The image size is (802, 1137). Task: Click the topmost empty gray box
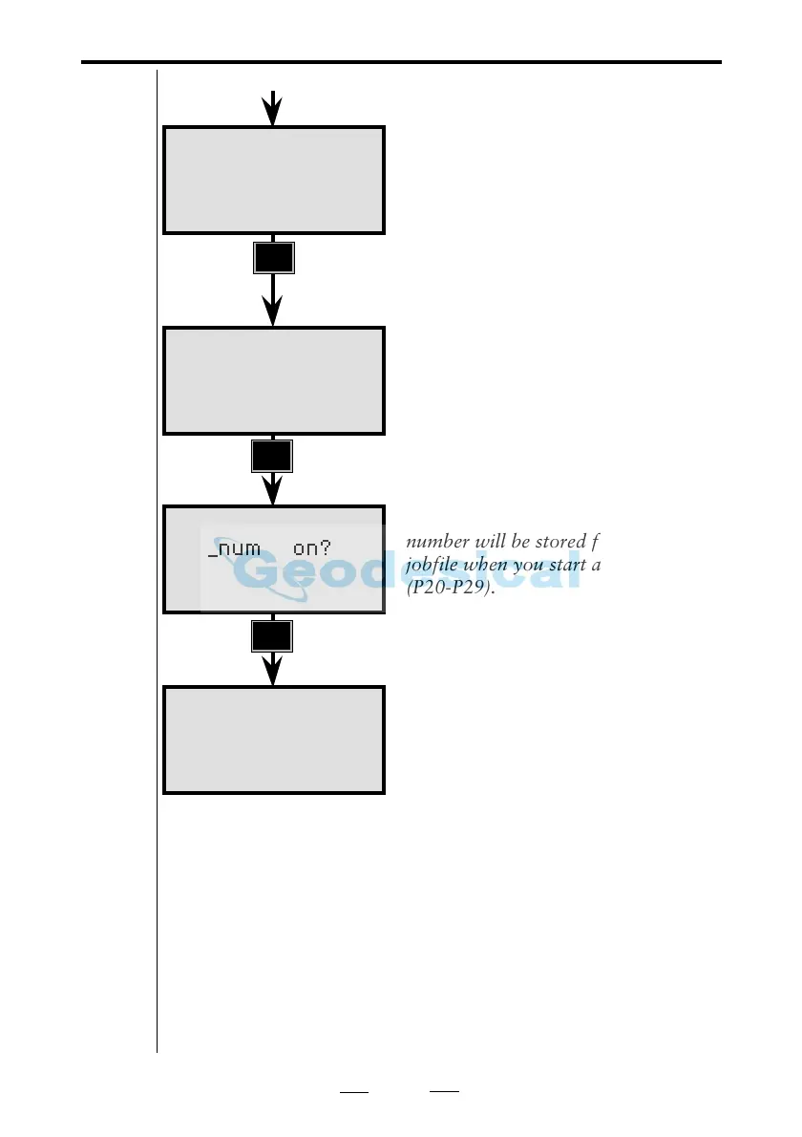click(x=274, y=180)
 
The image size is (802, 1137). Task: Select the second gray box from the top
click(x=274, y=380)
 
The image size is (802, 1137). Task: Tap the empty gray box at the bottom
click(x=274, y=739)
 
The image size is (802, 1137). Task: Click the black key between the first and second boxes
click(x=274, y=258)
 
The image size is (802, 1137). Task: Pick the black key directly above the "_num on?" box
click(x=272, y=457)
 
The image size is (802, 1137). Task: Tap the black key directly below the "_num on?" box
click(x=272, y=636)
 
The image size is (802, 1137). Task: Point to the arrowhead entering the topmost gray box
click(x=273, y=114)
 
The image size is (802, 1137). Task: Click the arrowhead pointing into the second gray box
click(x=273, y=313)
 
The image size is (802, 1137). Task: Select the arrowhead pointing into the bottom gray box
click(x=273, y=672)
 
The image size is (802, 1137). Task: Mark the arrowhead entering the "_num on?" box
click(x=273, y=492)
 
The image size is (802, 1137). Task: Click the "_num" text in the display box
click(x=234, y=551)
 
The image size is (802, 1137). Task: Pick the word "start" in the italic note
click(x=568, y=565)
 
